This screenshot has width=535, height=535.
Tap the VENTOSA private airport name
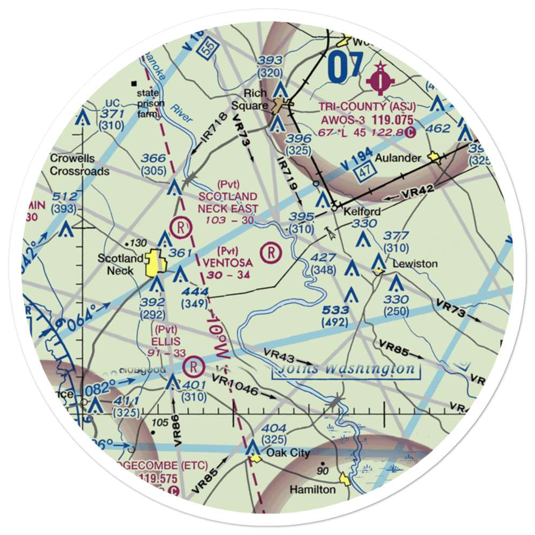pyautogui.click(x=227, y=263)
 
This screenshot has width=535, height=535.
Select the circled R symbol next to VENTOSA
pyautogui.click(x=272, y=250)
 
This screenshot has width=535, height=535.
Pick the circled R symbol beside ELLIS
pyautogui.click(x=193, y=366)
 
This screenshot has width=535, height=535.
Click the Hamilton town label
pyautogui.click(x=312, y=489)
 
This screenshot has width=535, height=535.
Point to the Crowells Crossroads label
pyautogui.click(x=80, y=165)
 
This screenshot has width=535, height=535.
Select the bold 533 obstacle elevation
pyautogui.click(x=336, y=310)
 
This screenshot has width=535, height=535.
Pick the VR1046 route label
pyautogui.click(x=236, y=386)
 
